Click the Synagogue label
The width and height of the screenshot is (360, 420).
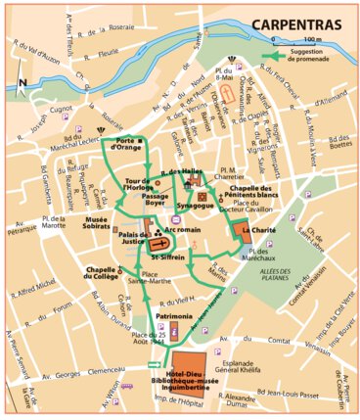pyautogui.click(x=195, y=206)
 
